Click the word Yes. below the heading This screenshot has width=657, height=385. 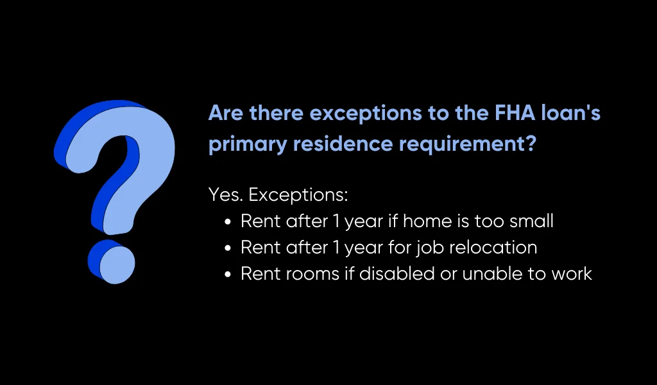222,194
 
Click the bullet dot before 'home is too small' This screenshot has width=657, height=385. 228,222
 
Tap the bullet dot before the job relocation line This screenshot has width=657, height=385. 228,248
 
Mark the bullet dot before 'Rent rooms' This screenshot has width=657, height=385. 228,274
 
